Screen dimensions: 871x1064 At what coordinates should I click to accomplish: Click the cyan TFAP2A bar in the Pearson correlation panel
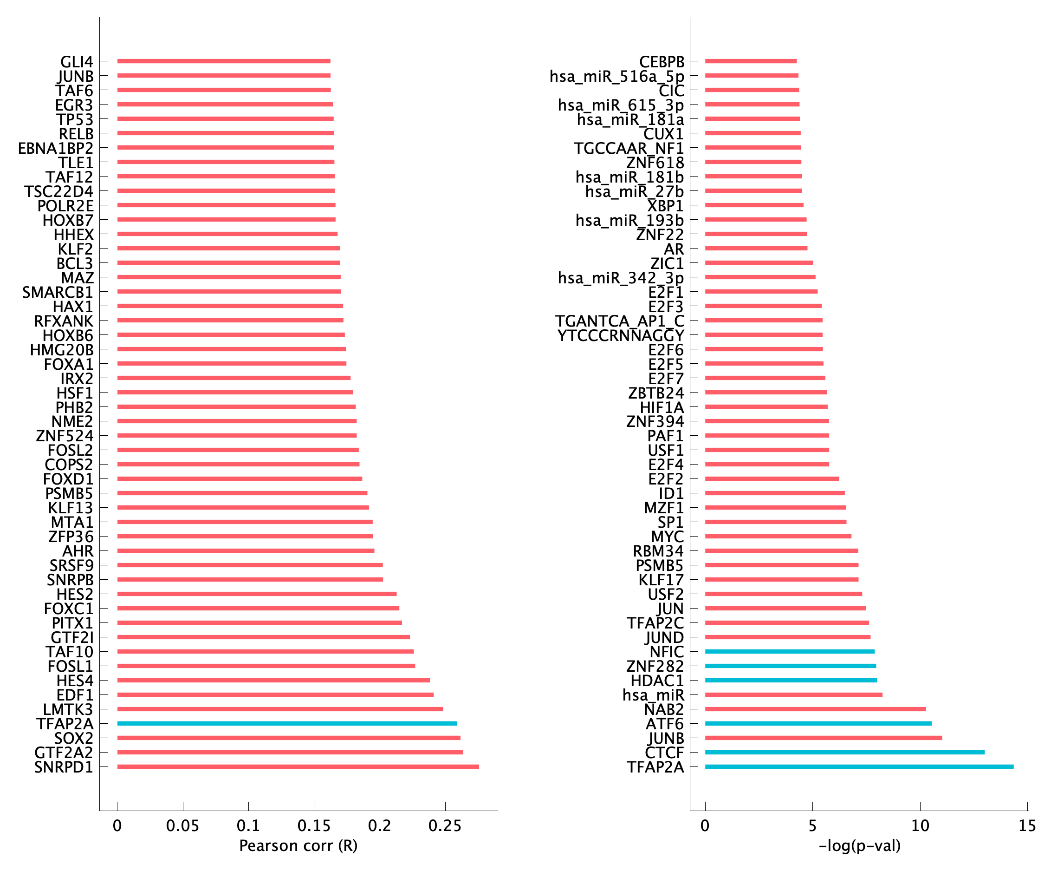(287, 723)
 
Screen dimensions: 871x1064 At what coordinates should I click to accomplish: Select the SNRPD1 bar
(298, 766)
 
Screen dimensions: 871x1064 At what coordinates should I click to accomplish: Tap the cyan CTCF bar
(844, 752)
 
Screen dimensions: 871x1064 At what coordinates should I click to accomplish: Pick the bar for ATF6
(818, 723)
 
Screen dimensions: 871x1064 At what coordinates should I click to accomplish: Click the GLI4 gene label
(77, 62)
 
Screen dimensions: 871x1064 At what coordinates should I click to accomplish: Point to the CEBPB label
(662, 62)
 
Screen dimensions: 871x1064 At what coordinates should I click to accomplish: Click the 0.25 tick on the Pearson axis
(445, 825)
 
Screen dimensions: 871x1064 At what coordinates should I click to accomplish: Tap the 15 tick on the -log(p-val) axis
(1027, 825)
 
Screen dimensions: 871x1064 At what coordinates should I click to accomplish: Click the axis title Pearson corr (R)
(298, 846)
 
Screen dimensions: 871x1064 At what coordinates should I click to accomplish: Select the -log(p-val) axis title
(859, 846)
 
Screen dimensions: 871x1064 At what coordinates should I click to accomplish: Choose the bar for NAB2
(815, 709)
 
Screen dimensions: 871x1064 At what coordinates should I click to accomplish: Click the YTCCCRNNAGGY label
(620, 335)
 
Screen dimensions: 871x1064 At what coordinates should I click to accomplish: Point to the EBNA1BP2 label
(56, 149)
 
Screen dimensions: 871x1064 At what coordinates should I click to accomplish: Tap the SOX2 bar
(289, 738)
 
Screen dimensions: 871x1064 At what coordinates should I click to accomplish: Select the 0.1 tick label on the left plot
(248, 825)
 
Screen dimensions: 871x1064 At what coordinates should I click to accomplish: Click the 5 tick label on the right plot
(812, 825)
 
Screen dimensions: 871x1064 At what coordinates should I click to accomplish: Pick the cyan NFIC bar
(789, 651)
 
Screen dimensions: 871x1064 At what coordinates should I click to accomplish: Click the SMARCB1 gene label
(58, 292)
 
